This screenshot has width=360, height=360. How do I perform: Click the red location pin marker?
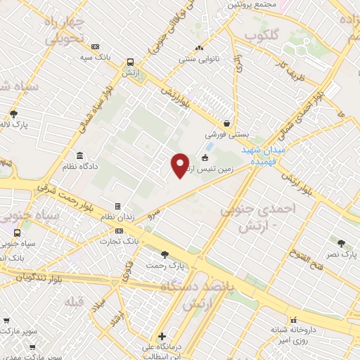click(x=180, y=165)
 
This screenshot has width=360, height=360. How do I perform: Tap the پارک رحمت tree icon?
click(x=165, y=255)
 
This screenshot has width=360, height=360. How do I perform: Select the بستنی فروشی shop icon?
click(x=226, y=122)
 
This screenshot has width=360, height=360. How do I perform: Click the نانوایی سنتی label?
click(x=199, y=59)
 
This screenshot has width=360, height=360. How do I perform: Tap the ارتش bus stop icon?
click(x=129, y=62)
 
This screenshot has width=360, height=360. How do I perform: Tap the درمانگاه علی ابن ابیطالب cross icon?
click(x=162, y=337)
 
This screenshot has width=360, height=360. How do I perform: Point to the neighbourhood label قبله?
click(x=72, y=302)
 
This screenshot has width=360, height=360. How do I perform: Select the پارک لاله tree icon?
click(x=13, y=114)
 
